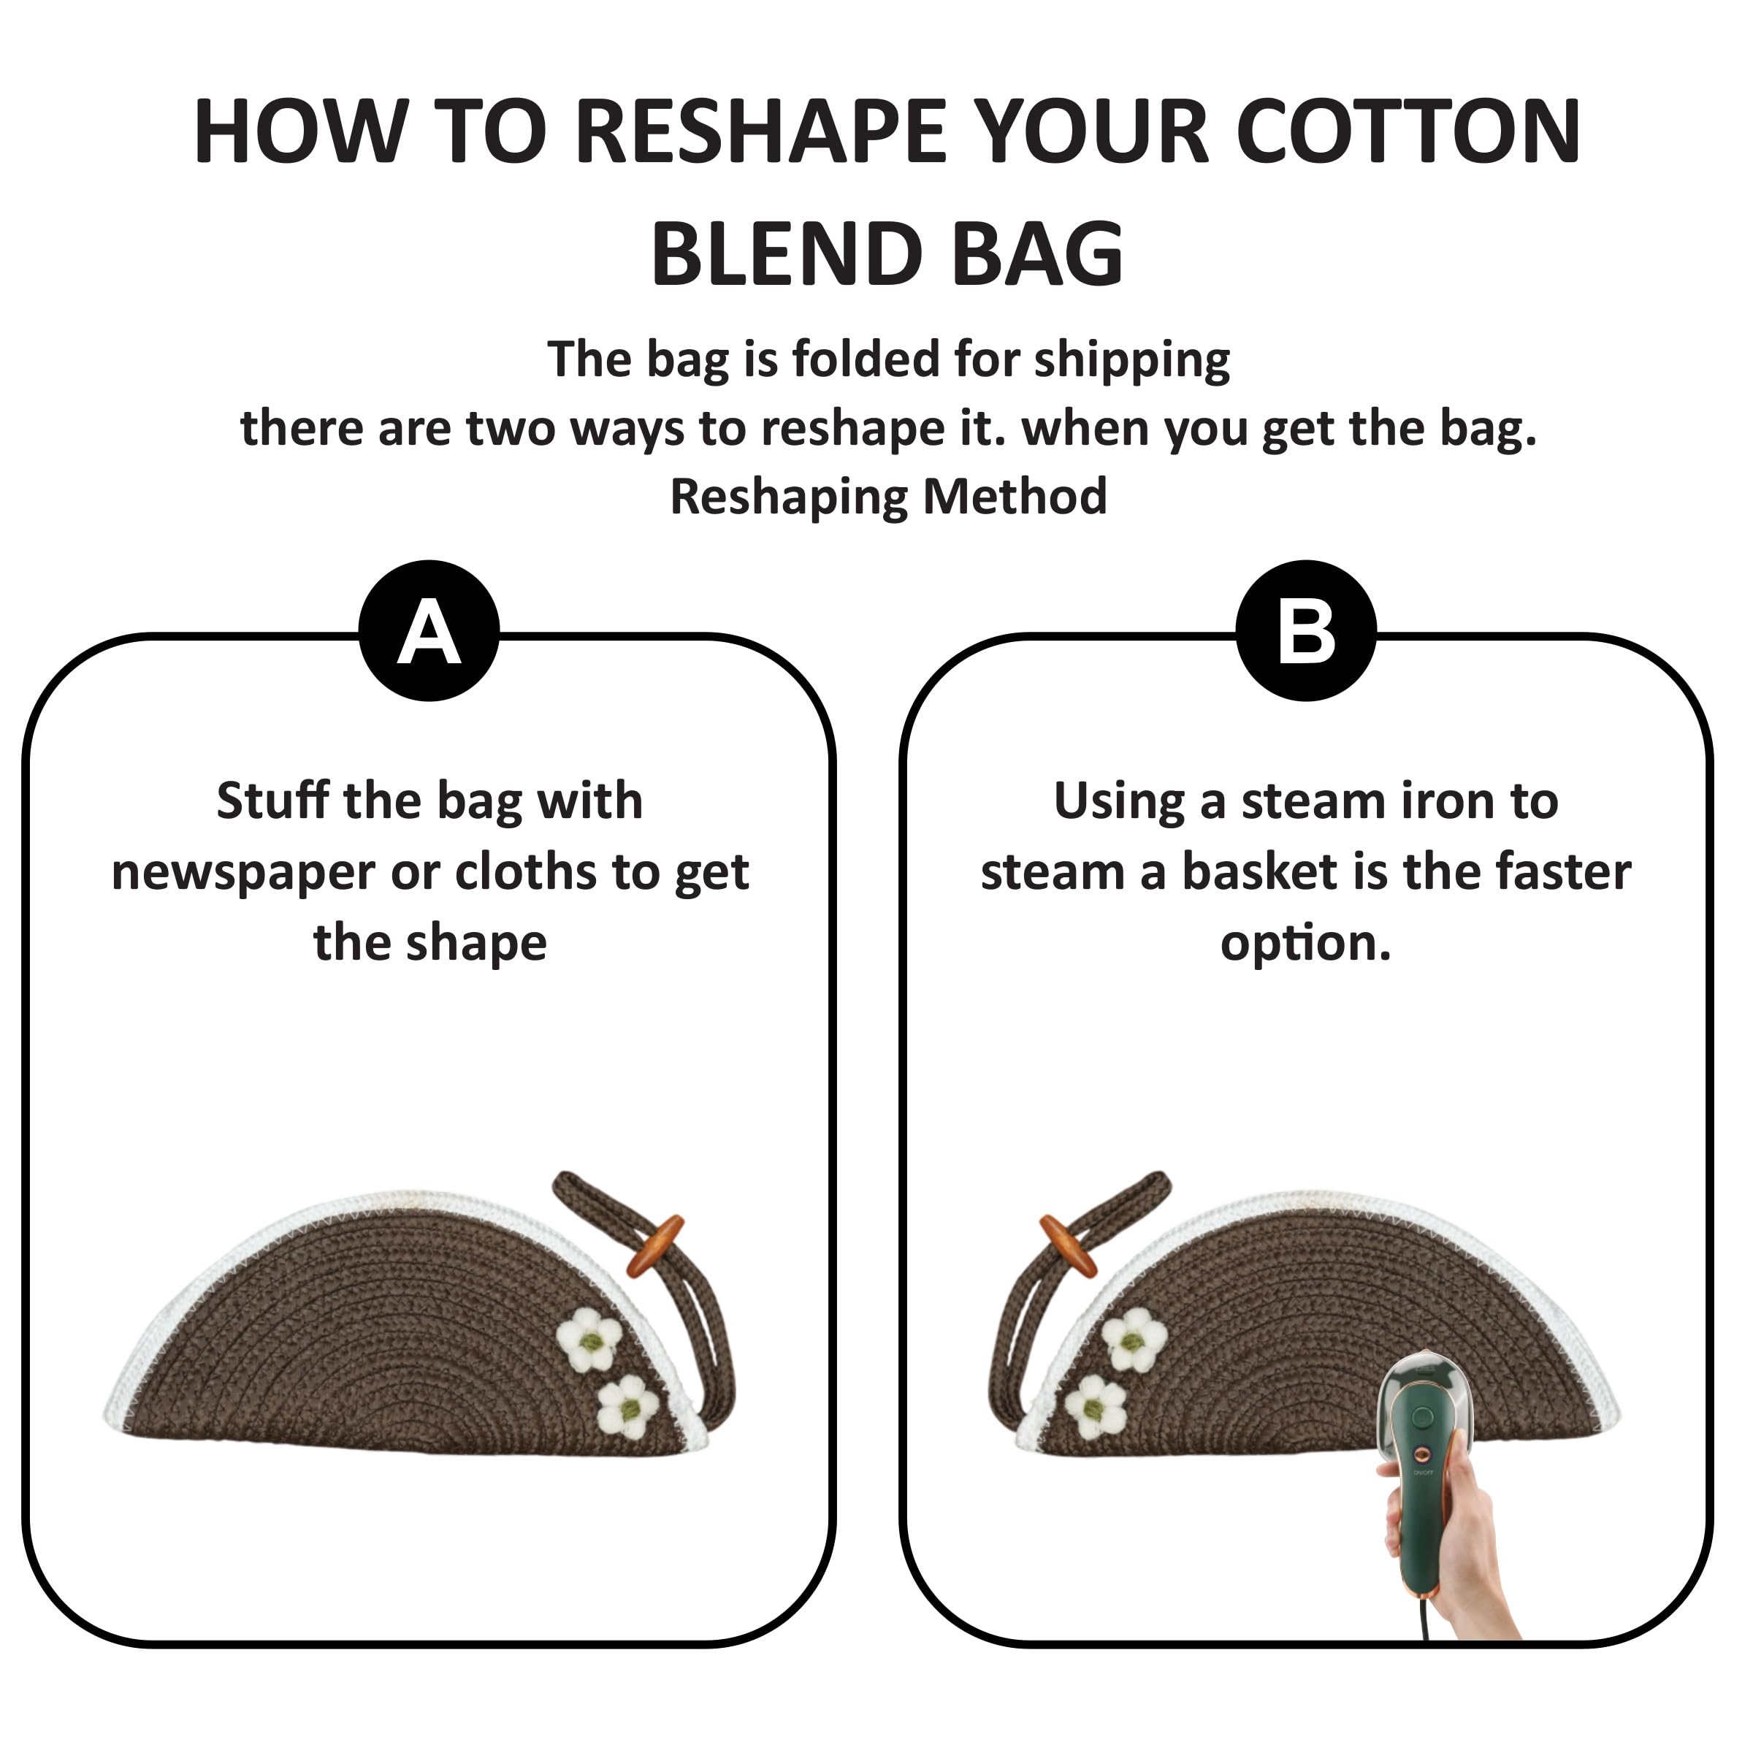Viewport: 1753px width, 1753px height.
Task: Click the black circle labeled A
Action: (429, 630)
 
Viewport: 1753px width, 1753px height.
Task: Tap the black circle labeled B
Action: (1307, 630)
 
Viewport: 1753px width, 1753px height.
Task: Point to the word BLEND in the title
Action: (786, 254)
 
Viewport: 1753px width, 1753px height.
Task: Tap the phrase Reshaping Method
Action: (888, 497)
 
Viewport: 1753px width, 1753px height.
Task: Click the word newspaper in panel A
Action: (243, 874)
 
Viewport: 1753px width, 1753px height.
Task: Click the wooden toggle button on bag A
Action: (655, 1247)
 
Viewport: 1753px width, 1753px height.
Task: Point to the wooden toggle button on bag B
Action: (1068, 1247)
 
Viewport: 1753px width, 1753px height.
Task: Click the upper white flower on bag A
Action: (589, 1340)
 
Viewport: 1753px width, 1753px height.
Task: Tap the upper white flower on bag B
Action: (1134, 1340)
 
